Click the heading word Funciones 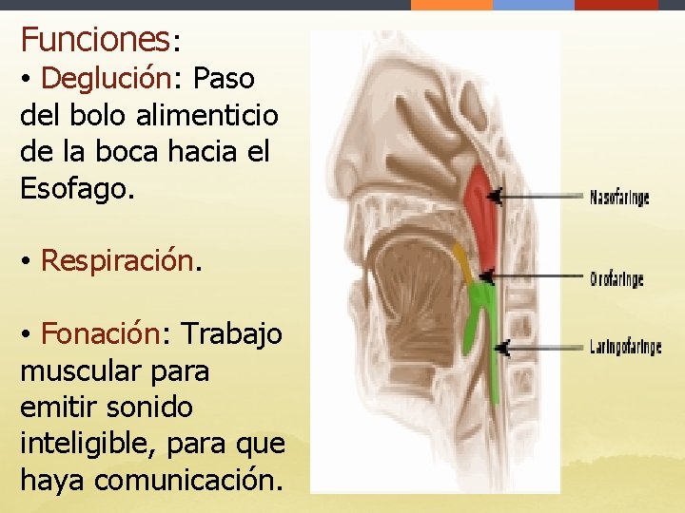tap(93, 40)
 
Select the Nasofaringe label tap(619, 198)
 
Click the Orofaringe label tap(616, 279)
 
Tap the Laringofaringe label tap(625, 348)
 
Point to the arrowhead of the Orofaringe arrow tap(486, 277)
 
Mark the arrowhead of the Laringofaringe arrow tap(502, 348)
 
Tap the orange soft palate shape tap(461, 259)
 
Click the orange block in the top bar tap(451, 5)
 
